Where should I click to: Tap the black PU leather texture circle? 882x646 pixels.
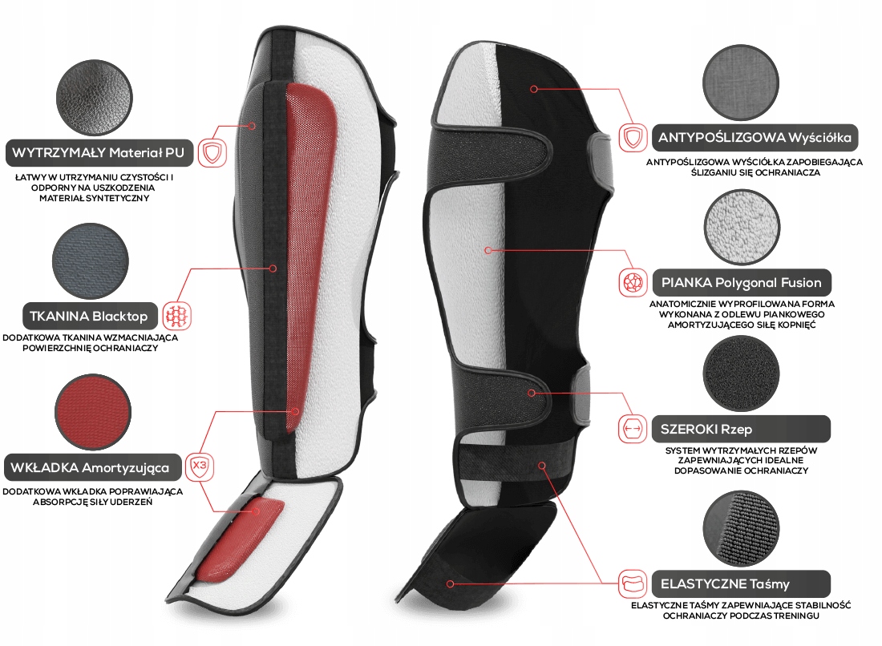92,99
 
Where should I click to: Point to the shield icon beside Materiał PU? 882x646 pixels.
211,151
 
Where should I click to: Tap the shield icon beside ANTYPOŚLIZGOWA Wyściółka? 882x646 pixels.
633,137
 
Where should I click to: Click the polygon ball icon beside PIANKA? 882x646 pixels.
632,282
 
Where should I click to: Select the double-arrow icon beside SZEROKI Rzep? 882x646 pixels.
632,429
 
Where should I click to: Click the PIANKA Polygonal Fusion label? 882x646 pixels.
741,282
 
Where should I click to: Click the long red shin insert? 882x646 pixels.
309,240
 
